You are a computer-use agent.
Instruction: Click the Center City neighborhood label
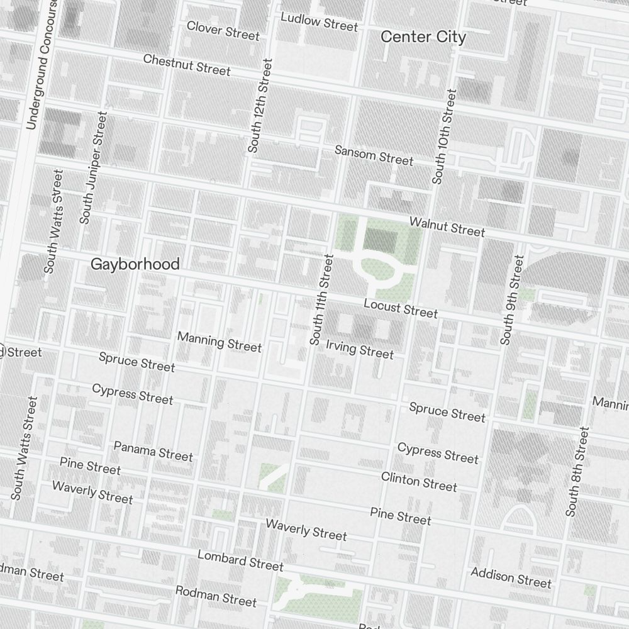point(423,37)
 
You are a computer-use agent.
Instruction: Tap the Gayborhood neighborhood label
point(135,264)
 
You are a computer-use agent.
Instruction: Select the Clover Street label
point(223,30)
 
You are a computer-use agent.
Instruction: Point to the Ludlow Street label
point(319,22)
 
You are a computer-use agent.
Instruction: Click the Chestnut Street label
point(187,64)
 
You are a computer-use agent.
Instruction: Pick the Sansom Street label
point(374,155)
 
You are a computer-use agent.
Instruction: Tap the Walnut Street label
point(447,227)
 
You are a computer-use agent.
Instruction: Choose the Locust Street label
point(401,308)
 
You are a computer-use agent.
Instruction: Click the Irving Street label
point(360,349)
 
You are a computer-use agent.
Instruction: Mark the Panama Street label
point(153,451)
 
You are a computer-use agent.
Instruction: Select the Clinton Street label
point(419,481)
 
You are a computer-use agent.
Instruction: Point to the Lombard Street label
point(240,560)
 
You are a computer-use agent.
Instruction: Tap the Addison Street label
point(511,577)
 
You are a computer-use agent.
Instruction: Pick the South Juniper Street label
point(93,168)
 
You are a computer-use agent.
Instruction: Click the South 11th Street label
point(320,299)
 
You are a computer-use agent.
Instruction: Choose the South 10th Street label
point(444,136)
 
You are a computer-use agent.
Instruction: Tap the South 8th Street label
point(577,472)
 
